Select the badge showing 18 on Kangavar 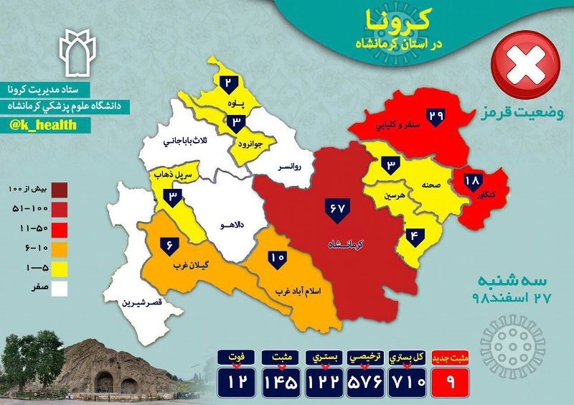tap(473, 182)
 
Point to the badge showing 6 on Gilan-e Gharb tap(170, 245)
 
